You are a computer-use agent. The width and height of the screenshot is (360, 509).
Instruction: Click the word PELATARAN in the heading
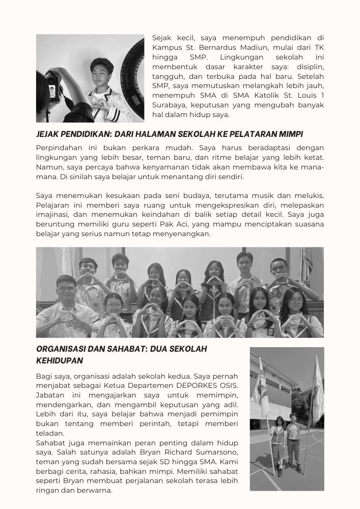[x=245, y=134]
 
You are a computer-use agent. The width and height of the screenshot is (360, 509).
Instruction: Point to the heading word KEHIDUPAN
[x=60, y=360]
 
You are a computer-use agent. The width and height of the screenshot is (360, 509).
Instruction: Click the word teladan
[x=51, y=433]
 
